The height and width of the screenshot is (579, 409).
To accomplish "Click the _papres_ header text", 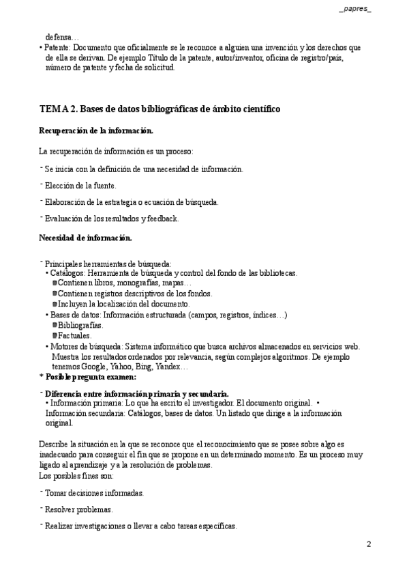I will tap(354, 8).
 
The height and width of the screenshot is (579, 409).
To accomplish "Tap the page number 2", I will tap(369, 544).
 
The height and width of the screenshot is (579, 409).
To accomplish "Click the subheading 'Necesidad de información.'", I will tap(85, 238).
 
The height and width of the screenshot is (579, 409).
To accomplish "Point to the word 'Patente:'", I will tap(58, 48).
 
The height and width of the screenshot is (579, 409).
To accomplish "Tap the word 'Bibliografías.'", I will tap(85, 325).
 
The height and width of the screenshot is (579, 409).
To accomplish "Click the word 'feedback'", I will tap(162, 218).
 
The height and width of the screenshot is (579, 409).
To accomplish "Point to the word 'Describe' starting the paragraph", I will tap(55, 444).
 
